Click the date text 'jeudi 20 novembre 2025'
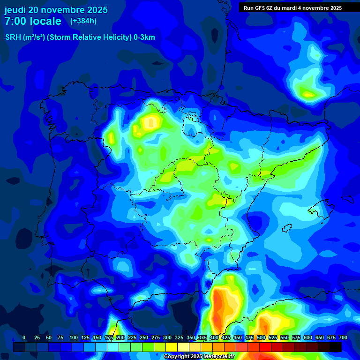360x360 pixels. click(x=56, y=10)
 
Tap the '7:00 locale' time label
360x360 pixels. click(x=33, y=21)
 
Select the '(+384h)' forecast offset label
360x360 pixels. click(x=83, y=21)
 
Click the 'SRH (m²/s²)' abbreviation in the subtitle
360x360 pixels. click(x=25, y=37)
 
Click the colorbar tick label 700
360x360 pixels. click(x=343, y=337)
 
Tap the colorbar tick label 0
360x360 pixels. click(x=24, y=337)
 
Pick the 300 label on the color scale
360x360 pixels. click(x=167, y=337)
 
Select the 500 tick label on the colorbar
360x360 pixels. click(x=261, y=337)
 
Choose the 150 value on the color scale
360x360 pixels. click(x=97, y=337)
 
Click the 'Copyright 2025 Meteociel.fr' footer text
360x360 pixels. click(x=199, y=357)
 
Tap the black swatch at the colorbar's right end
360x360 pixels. click(x=335, y=347)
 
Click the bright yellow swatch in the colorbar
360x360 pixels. click(x=172, y=347)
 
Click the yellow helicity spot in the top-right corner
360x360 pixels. click(x=308, y=94)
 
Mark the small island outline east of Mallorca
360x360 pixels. click(x=347, y=199)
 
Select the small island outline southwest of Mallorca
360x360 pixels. click(x=287, y=227)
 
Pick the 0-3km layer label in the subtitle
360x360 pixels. click(x=144, y=37)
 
